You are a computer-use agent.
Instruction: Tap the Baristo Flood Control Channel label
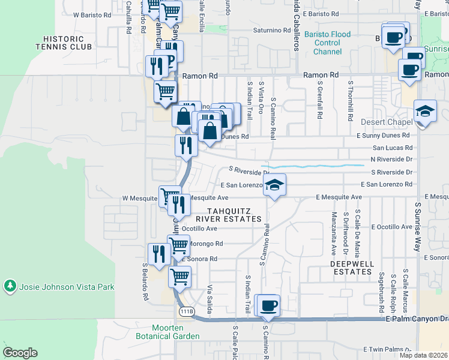[327, 43]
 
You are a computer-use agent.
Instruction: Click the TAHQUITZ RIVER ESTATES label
[234, 215]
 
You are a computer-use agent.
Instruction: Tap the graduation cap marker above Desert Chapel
[425, 112]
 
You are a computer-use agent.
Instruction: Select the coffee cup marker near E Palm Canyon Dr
[268, 306]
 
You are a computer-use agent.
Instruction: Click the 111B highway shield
[187, 311]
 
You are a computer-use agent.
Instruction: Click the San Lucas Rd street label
[393, 148]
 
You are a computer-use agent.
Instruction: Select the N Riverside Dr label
[391, 159]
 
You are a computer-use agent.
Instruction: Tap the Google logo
[20, 352]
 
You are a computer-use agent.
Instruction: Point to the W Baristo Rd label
[92, 14]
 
